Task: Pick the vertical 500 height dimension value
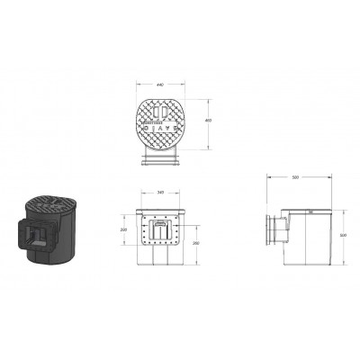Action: pos(343,236)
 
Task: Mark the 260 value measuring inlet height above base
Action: pos(197,243)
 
